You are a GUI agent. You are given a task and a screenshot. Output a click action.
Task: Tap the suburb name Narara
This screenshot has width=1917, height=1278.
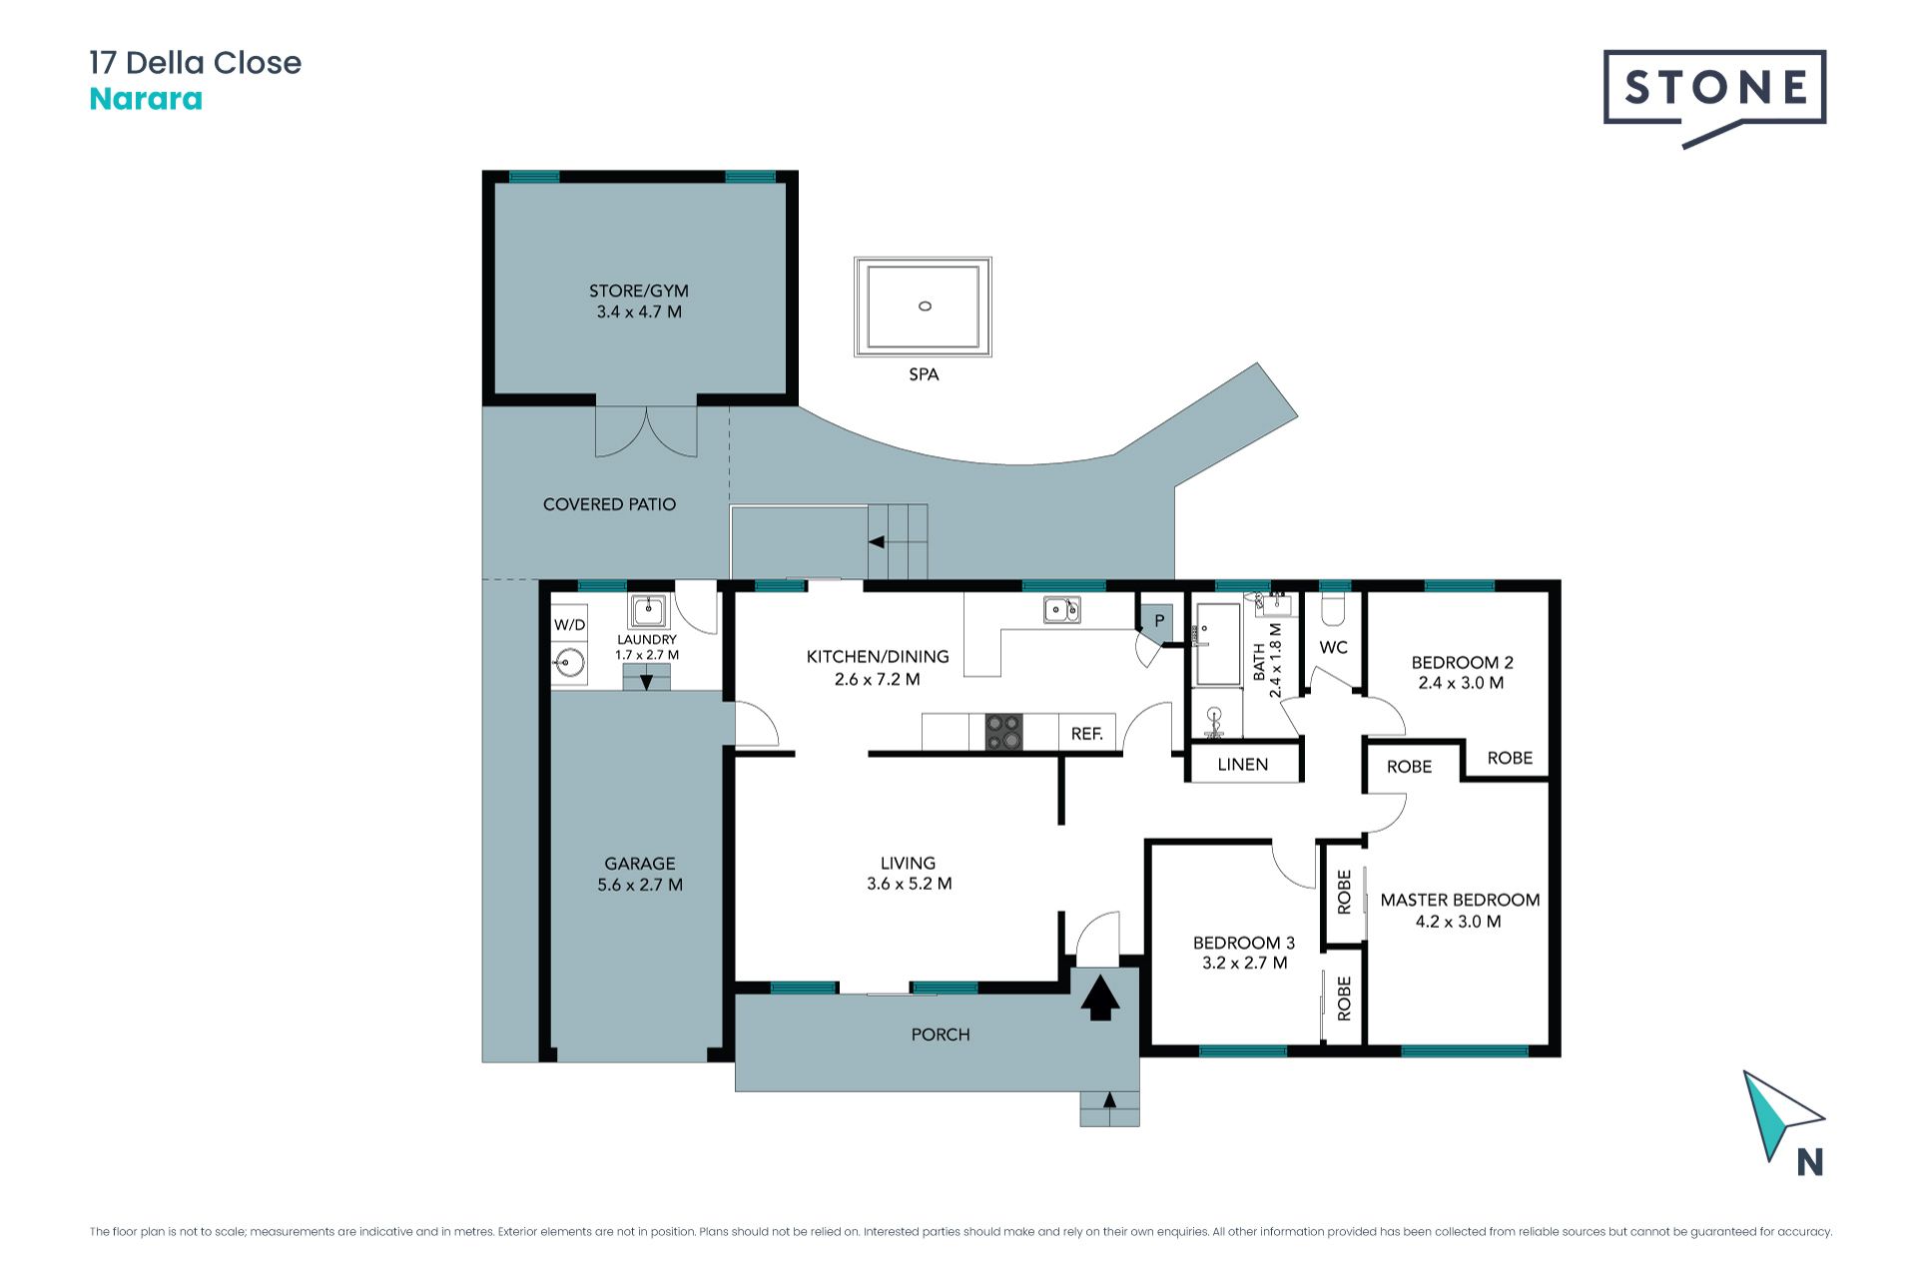(x=146, y=99)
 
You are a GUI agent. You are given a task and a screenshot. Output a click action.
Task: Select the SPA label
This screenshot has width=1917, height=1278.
(x=924, y=374)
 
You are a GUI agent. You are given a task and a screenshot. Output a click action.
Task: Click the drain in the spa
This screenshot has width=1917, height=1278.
(x=925, y=306)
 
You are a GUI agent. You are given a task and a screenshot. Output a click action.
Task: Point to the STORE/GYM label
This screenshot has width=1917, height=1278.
(x=639, y=291)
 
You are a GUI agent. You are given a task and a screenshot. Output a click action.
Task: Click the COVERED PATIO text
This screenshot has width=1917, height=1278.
(x=609, y=504)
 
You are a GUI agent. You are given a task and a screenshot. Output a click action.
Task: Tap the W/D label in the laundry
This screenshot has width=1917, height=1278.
(x=569, y=625)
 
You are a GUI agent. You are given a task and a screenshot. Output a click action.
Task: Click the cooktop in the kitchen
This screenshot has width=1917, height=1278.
(x=1004, y=732)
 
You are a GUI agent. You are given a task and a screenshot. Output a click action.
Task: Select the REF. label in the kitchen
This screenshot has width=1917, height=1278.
(x=1087, y=734)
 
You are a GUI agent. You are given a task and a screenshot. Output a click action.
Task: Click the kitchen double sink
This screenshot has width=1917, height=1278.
(x=1061, y=609)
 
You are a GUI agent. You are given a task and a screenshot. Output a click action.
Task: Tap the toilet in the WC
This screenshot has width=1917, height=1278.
(x=1334, y=608)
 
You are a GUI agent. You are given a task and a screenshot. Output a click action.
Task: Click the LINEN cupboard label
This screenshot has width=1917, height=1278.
(x=1243, y=765)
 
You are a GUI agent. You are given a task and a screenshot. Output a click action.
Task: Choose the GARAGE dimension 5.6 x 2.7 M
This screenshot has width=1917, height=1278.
(x=640, y=885)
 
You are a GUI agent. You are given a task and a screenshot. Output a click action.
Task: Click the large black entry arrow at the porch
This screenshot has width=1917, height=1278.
(x=1099, y=997)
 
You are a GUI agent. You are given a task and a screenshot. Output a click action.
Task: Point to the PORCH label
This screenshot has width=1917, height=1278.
(x=941, y=1034)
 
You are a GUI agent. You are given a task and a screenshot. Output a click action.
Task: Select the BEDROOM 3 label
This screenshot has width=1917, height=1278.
(x=1244, y=943)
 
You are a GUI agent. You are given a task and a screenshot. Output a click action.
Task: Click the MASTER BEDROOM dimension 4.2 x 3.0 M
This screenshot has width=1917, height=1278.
(x=1459, y=922)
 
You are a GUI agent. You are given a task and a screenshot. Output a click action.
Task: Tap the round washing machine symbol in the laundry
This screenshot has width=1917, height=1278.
(x=570, y=662)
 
